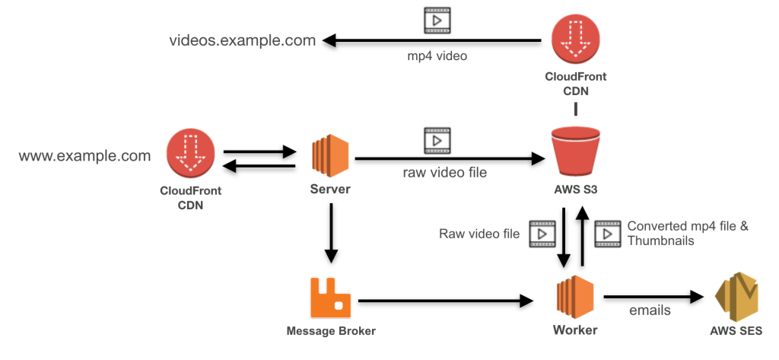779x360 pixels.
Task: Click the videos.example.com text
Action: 242,40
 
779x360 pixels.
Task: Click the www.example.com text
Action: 84,156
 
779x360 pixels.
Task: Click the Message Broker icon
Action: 330,298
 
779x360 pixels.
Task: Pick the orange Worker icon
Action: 575,298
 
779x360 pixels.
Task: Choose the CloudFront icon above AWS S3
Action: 575,38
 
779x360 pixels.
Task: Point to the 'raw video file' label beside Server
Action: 445,173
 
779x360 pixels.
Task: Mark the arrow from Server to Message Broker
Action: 330,232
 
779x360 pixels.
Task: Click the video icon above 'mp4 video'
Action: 437,19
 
